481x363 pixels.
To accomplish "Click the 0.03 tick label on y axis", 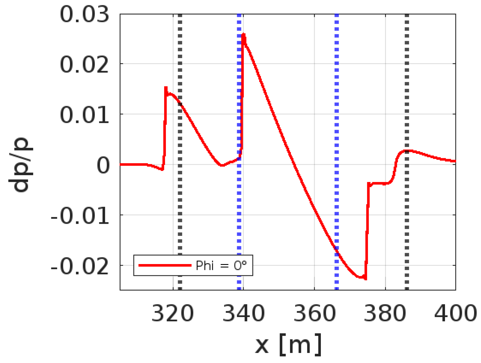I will (84, 15).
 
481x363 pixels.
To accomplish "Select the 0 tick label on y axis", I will (103, 165).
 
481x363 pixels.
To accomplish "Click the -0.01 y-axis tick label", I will (80, 216).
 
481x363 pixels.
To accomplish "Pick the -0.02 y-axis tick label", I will (80, 266).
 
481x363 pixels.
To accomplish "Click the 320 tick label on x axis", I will (173, 313).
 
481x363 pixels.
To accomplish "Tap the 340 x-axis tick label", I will (243, 313).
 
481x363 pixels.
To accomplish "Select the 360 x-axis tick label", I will (315, 313).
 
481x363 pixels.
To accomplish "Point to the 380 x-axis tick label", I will (385, 313).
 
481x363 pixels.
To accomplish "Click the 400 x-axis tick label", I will (455, 313).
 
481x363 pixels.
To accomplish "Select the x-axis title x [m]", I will (288, 344).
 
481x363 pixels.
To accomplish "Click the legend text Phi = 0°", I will (221, 265).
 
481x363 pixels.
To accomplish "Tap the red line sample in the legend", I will (165, 265).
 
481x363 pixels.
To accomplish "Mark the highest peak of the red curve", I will (244, 35).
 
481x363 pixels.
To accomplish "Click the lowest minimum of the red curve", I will (365, 278).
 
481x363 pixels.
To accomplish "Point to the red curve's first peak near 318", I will (166, 87).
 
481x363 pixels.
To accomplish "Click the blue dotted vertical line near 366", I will (337, 115).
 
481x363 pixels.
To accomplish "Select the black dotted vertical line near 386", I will (407, 86).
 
